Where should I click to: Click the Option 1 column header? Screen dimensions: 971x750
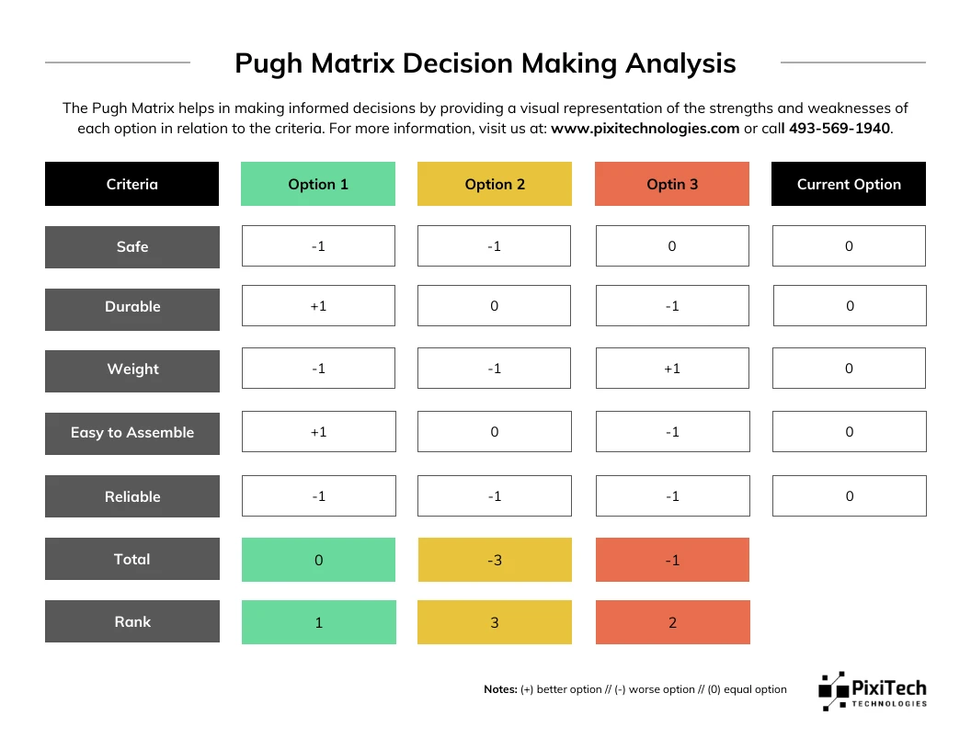pos(317,184)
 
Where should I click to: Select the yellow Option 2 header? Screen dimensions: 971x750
pos(494,184)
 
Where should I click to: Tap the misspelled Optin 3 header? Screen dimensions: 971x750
pos(672,184)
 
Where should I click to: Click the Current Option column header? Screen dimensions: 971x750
pos(849,184)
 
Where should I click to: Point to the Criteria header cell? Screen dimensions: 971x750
pos(131,184)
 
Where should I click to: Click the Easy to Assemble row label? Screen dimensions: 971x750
pos(131,434)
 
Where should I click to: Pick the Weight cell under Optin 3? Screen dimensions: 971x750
pos(672,369)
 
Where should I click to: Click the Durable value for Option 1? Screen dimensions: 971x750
pos(318,306)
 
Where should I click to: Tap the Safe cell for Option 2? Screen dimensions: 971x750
pos(494,245)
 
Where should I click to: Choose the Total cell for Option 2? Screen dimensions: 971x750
pos(495,560)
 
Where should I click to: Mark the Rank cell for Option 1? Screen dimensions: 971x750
pos(319,622)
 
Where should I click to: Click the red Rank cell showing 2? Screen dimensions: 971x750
pos(672,622)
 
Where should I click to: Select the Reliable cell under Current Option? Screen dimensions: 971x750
pos(849,495)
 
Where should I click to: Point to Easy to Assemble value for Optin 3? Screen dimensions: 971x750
pos(672,431)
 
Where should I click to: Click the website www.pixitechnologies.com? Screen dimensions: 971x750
pos(645,129)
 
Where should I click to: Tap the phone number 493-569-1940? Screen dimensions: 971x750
pos(840,129)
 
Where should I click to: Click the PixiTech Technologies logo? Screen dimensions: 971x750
pos(873,691)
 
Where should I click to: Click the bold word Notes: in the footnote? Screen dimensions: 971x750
pos(500,689)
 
